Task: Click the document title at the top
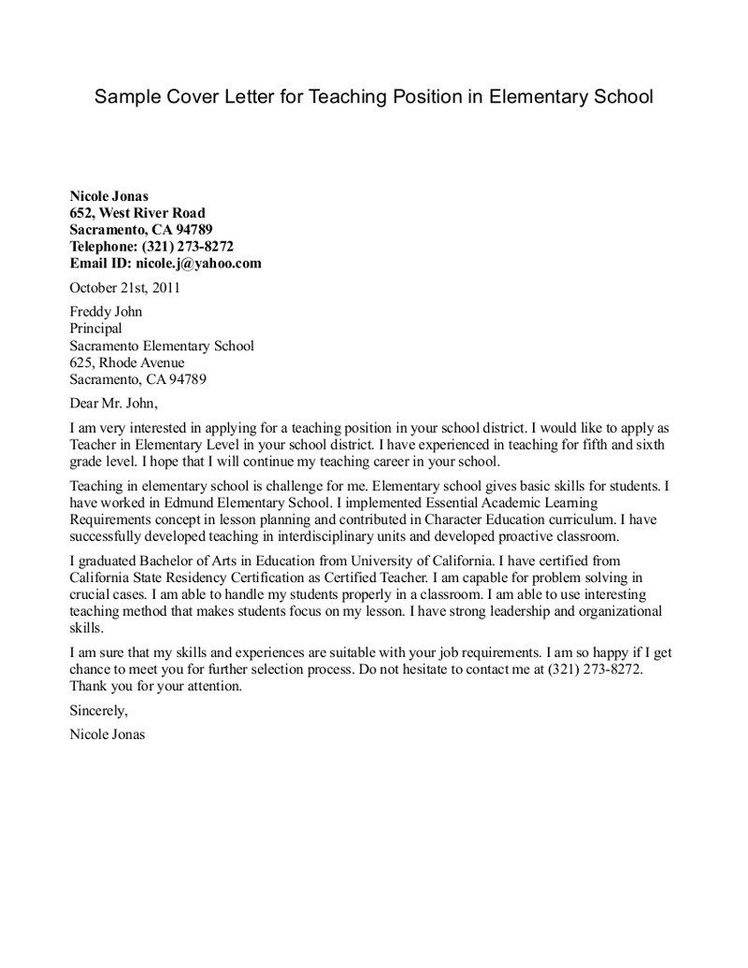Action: coord(373,97)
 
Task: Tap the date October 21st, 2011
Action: coord(125,288)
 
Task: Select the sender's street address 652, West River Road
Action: coord(137,213)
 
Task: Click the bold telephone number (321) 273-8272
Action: coord(187,247)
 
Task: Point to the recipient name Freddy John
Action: coord(106,312)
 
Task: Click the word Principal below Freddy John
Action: coord(95,329)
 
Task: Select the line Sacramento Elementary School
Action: coord(162,346)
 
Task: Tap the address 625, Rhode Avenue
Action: coord(127,363)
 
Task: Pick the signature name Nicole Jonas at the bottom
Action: coord(108,734)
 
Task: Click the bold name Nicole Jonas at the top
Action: coord(109,196)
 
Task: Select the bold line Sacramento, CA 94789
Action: coord(140,230)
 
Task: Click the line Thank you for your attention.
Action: coord(156,686)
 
